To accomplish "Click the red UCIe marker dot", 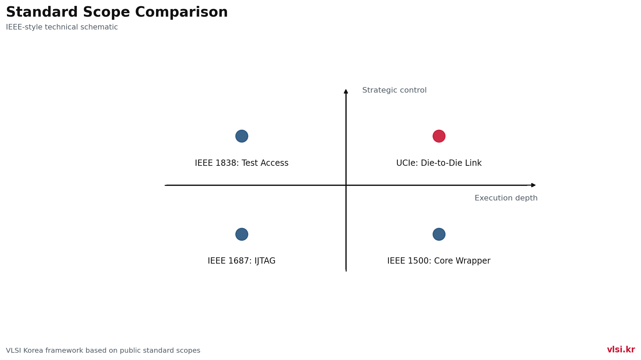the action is [x=439, y=136].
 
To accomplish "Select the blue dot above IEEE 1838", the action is [x=242, y=136].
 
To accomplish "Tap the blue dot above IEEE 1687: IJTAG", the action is [x=242, y=234].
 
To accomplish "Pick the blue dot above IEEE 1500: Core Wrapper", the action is [x=439, y=234].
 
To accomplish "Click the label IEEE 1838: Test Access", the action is [x=242, y=163].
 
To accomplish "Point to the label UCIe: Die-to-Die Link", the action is [x=439, y=163].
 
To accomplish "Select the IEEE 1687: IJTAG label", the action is [x=242, y=261].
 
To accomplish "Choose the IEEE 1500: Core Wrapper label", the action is [x=439, y=261].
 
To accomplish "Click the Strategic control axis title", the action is [x=395, y=91].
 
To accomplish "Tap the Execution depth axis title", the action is [x=506, y=198].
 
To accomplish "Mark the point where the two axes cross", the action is [x=346, y=185].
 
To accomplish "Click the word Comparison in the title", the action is [x=181, y=13].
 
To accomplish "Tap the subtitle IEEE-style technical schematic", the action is [x=62, y=27].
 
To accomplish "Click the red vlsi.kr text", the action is [x=621, y=350].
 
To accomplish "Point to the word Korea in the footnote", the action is [x=34, y=351].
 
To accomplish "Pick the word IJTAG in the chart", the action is [x=265, y=261].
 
